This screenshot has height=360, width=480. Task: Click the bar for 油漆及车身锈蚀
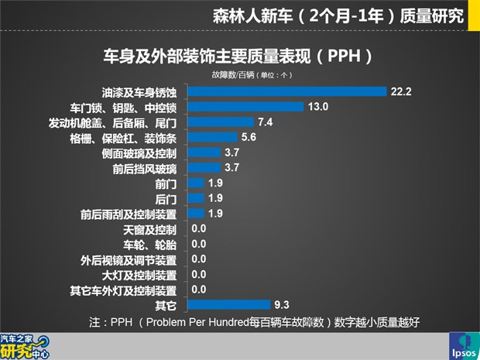coord(286,91)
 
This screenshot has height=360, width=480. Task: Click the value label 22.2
coord(400,91)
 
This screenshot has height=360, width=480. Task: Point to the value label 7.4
coord(266,122)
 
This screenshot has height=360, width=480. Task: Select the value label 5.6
coord(249,138)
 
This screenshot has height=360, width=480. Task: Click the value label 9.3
coord(283,305)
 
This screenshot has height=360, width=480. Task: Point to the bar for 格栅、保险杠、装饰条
coord(213,138)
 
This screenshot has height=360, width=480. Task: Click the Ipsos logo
coord(464,346)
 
